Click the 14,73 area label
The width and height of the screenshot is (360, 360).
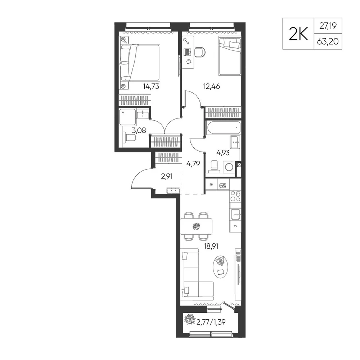click(x=151, y=86)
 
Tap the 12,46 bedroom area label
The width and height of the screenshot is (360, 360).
click(x=211, y=86)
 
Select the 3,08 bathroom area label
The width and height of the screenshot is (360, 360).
click(x=139, y=130)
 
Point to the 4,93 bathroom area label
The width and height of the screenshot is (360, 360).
click(x=223, y=152)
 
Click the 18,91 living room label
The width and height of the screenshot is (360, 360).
click(x=211, y=246)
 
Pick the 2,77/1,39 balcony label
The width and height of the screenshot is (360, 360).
click(x=211, y=322)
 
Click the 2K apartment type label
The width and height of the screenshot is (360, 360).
click(x=298, y=34)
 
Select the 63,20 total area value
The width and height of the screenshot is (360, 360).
click(x=328, y=41)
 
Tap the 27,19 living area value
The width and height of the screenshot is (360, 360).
click(x=328, y=26)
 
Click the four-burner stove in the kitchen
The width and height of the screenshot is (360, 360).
click(x=235, y=196)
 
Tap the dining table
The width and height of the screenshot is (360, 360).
click(x=196, y=226)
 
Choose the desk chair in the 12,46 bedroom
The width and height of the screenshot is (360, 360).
click(x=200, y=52)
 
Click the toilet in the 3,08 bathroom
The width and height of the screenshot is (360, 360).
click(x=129, y=138)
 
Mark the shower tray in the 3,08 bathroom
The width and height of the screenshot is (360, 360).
click(x=127, y=117)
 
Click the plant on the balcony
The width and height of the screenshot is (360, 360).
click(x=190, y=319)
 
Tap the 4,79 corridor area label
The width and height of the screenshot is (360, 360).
click(x=193, y=164)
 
